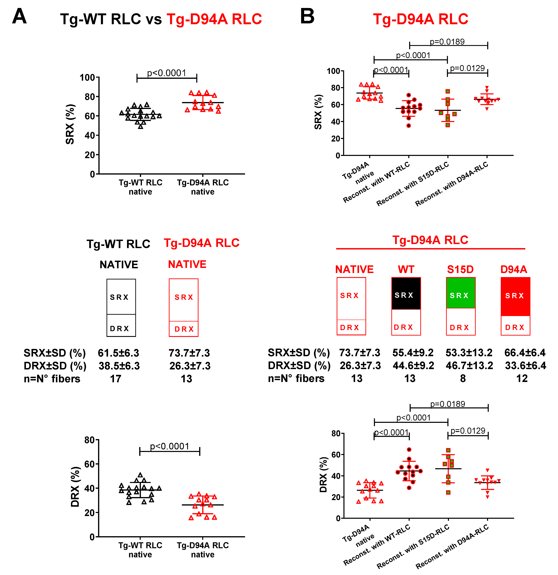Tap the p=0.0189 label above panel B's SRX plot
click(x=447, y=42)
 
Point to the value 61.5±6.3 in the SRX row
click(x=119, y=353)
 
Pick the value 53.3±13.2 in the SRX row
click(x=469, y=353)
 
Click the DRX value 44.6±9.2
click(x=413, y=366)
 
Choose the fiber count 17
click(x=115, y=379)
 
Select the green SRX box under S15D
click(x=461, y=293)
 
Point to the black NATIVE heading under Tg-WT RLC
click(x=119, y=265)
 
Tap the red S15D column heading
click(x=460, y=269)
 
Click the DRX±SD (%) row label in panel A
click(x=55, y=366)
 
